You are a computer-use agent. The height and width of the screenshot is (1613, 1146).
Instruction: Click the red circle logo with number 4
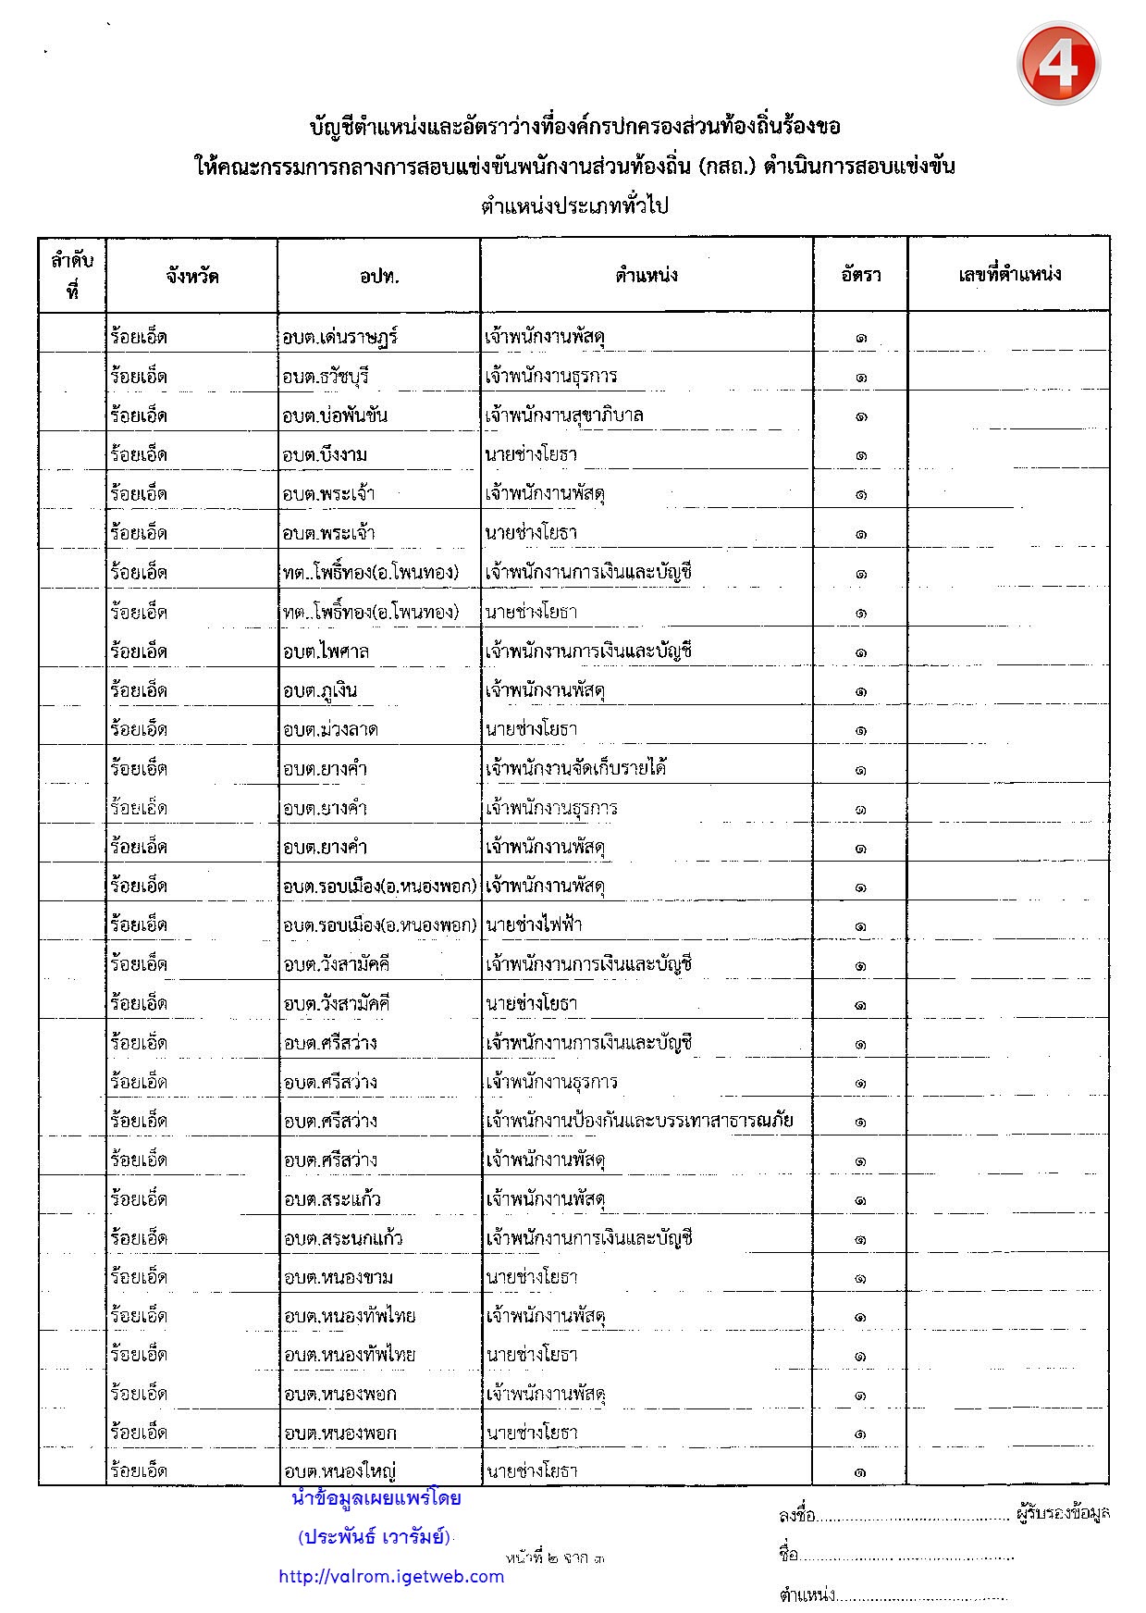(1058, 64)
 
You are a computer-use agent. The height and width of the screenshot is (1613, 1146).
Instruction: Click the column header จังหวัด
(192, 276)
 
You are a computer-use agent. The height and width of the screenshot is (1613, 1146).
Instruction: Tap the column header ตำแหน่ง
(647, 275)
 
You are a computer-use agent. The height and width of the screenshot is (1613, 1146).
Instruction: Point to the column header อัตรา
(860, 275)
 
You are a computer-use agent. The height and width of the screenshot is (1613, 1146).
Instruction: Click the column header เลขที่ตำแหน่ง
(1009, 274)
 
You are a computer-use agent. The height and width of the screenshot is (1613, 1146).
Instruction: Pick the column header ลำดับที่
(72, 276)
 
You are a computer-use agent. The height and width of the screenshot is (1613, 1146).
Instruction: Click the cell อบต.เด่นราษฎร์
(340, 337)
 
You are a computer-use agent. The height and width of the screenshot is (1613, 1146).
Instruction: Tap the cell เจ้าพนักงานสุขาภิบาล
(564, 416)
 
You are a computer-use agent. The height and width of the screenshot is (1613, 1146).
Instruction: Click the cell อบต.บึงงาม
(325, 454)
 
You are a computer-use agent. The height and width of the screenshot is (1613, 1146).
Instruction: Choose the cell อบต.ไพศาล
(326, 651)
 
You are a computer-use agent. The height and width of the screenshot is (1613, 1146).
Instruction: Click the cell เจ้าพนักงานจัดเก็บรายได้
(576, 768)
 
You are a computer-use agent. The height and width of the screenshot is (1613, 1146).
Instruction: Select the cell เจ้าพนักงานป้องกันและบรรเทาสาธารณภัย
(639, 1121)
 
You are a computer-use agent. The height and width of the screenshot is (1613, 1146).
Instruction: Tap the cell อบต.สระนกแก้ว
(343, 1238)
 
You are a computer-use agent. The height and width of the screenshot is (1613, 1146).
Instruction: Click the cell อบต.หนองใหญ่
(340, 1471)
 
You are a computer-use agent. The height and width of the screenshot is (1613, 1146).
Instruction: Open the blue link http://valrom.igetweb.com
(391, 1577)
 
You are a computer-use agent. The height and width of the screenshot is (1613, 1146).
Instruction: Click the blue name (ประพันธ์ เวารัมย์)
(375, 1537)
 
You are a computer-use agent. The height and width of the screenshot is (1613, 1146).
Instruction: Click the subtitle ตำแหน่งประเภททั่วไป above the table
(573, 205)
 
